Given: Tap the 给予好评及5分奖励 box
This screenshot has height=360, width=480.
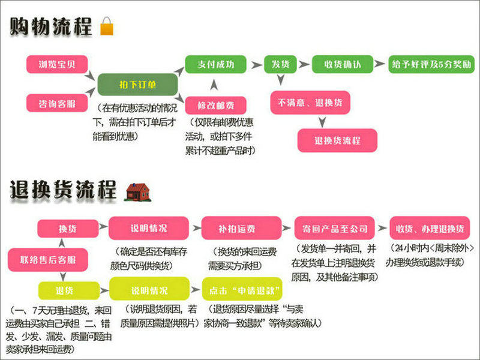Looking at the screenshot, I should pyautogui.click(x=431, y=64).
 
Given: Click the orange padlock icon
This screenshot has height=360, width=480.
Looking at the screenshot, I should pyautogui.click(x=107, y=26).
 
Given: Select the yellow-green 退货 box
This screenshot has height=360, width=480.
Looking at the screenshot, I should pyautogui.click(x=65, y=291).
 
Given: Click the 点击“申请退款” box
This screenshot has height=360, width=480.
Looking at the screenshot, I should pyautogui.click(x=242, y=291).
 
